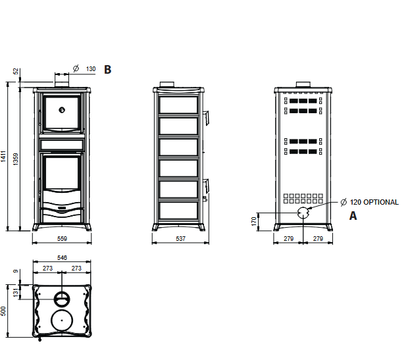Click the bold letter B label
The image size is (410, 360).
coord(107,70)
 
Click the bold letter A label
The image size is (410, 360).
coord(353,216)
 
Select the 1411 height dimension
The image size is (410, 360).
coord(3,157)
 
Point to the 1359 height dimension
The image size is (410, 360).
coord(16,159)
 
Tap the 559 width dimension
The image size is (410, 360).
coord(63,239)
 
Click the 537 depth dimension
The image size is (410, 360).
coord(181,239)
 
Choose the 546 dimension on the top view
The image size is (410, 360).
coord(63,258)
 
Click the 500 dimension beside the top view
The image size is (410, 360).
coord(3,311)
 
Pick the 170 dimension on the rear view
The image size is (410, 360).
coord(254,221)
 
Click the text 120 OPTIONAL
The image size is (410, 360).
coord(374,202)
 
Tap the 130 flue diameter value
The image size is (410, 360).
coord(91,69)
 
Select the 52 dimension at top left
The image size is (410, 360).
coord(16,71)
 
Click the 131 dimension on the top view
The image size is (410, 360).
coord(16,293)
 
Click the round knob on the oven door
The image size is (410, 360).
coord(62,110)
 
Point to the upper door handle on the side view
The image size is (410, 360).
coord(206,118)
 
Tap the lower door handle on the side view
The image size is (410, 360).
coord(206,186)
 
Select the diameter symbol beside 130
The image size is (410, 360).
coord(76,68)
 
